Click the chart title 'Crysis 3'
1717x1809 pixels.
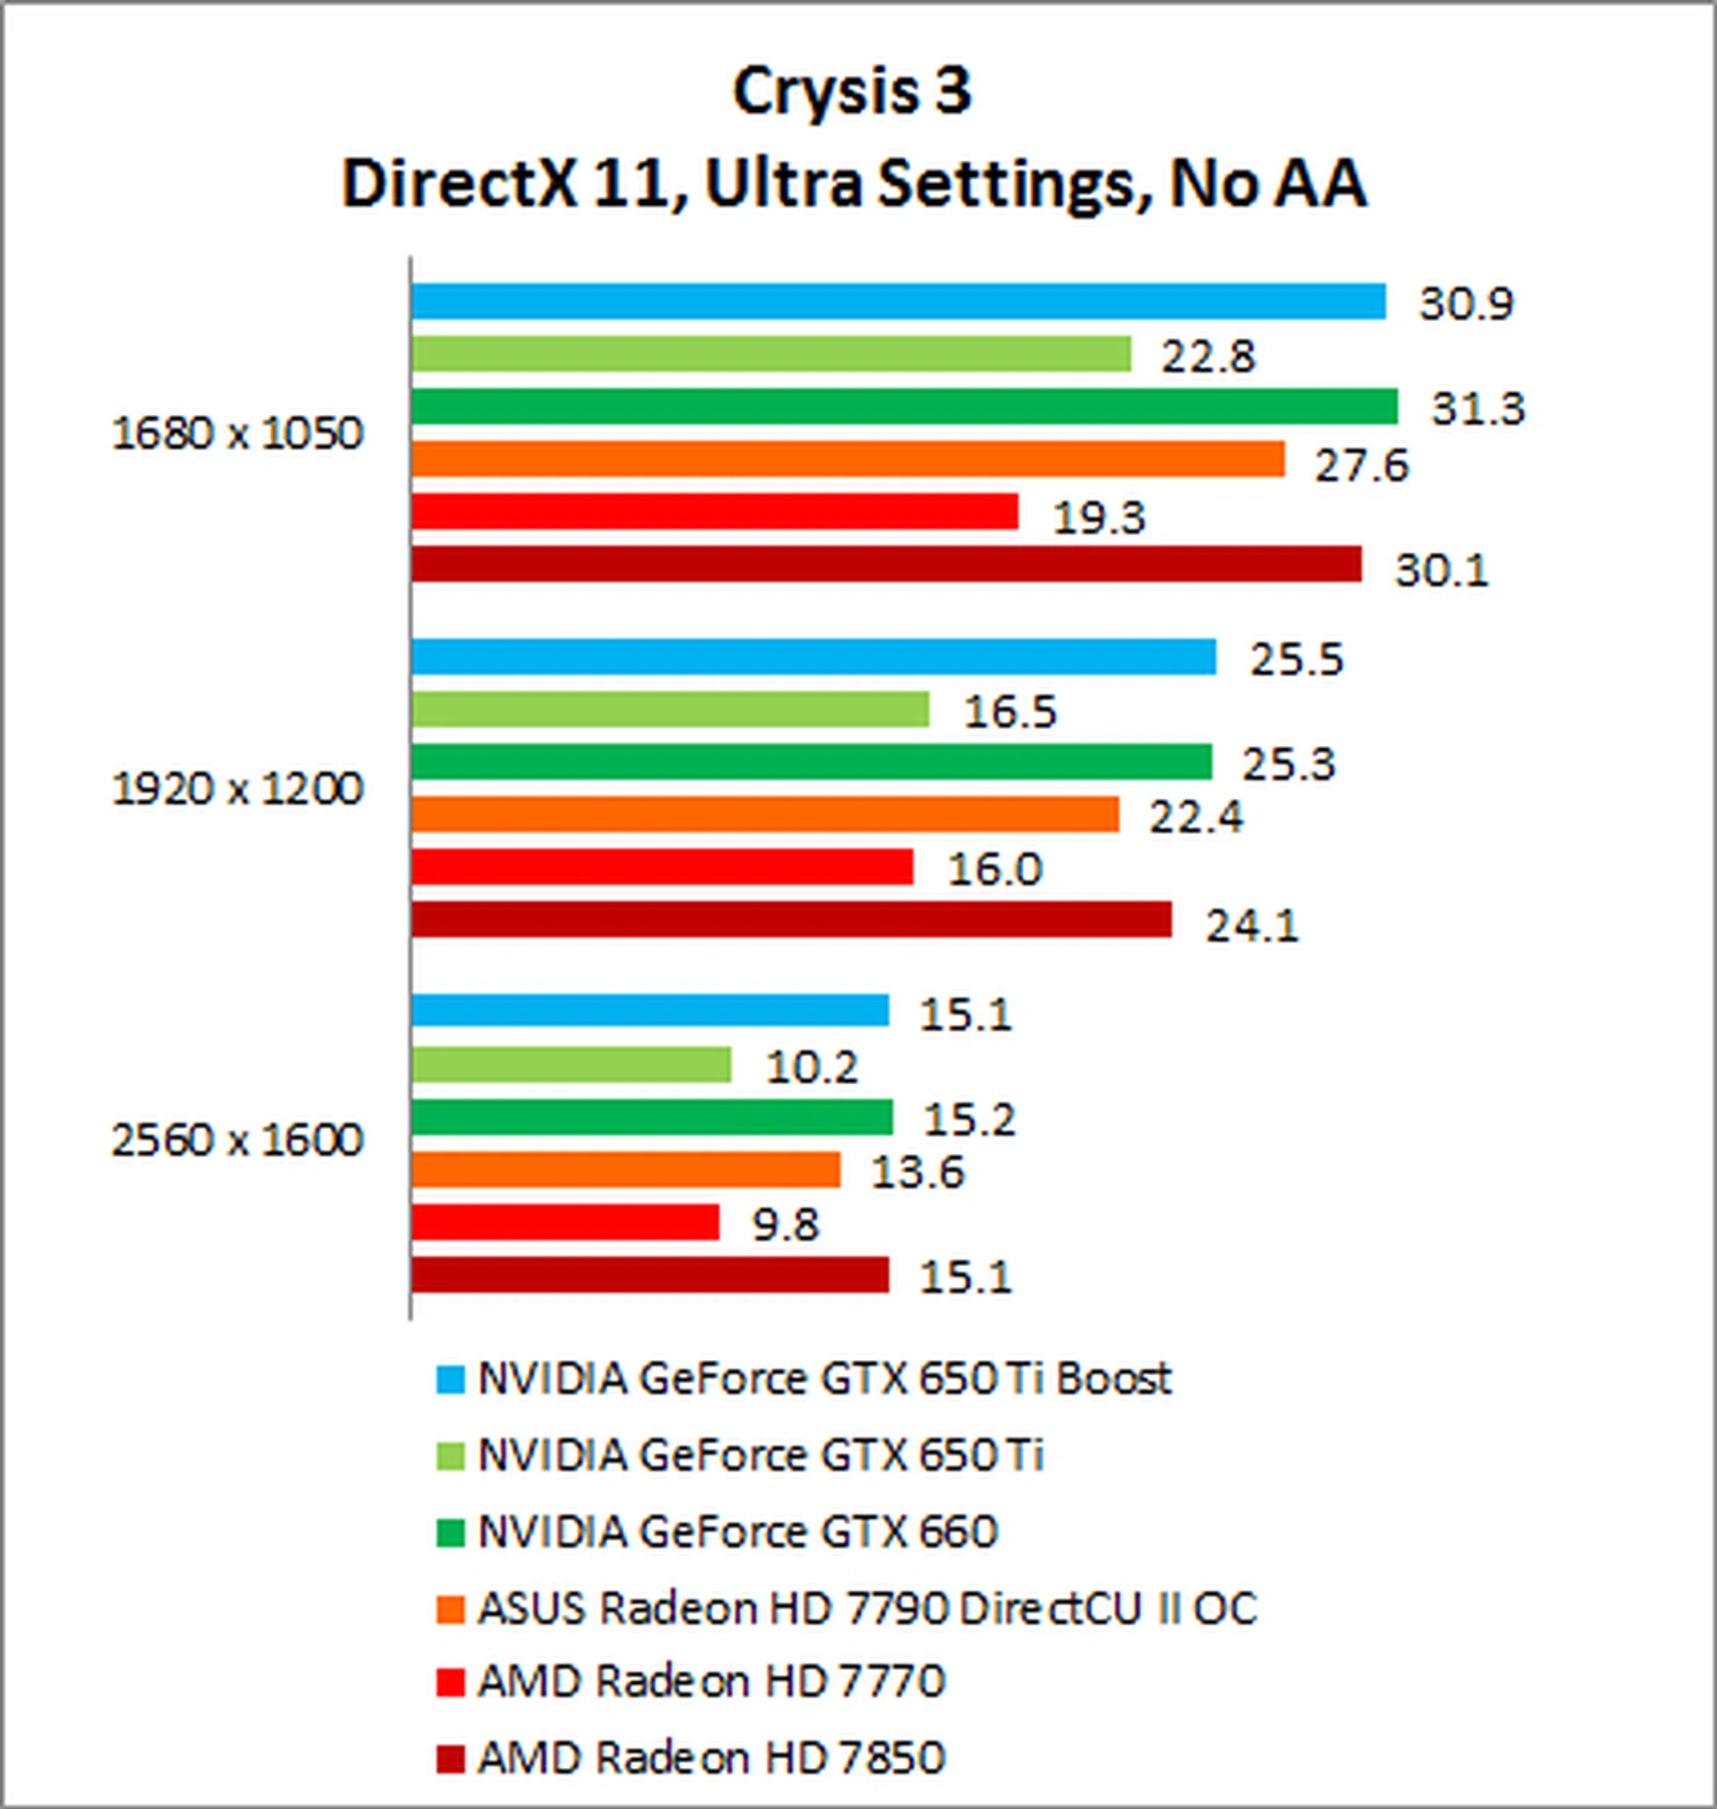point(851,91)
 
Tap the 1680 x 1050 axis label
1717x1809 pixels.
point(237,435)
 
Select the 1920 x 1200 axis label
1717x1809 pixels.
point(237,789)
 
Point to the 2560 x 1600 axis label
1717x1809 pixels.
point(237,1141)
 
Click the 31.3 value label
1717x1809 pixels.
point(1477,408)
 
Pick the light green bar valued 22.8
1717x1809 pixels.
point(771,354)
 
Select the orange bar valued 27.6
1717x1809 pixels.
point(848,460)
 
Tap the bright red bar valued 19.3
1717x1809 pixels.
point(714,512)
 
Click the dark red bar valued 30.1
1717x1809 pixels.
point(886,564)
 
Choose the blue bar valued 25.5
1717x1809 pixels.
point(813,658)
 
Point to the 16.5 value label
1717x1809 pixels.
point(1010,711)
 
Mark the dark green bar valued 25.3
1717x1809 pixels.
point(811,762)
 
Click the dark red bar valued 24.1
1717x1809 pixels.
point(791,920)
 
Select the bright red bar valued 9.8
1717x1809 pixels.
point(564,1222)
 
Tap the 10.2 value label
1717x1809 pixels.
point(812,1067)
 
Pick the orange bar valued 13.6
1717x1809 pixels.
point(625,1170)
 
